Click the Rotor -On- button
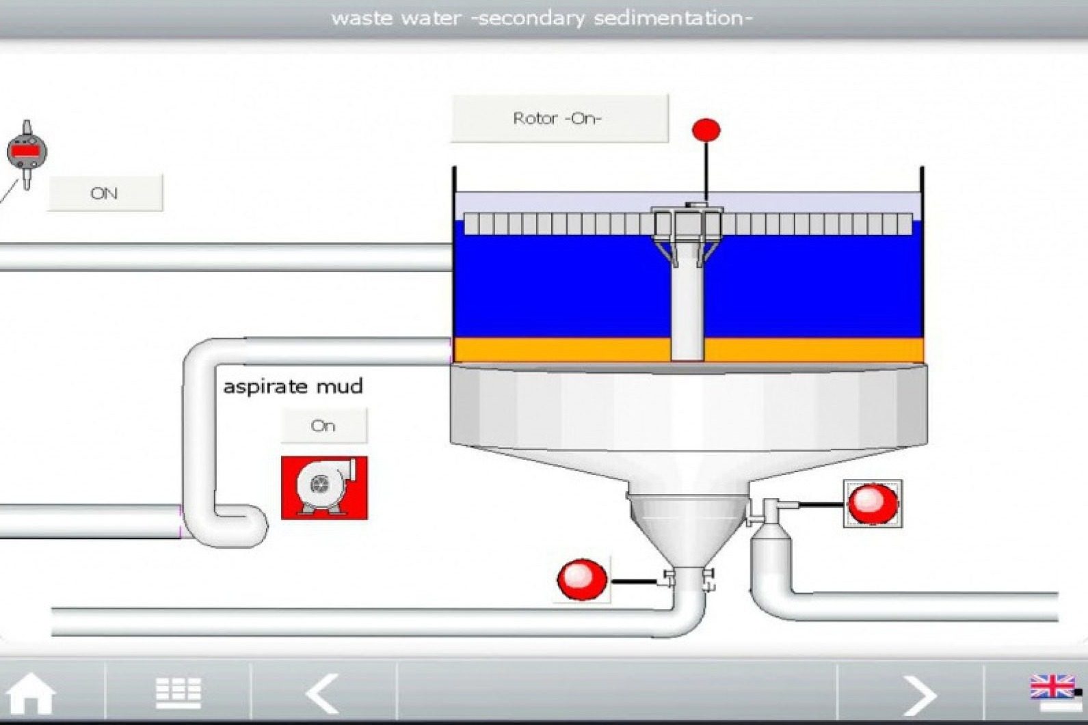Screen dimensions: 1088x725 pyautogui.click(x=559, y=118)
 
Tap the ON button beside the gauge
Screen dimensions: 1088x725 pyautogui.click(x=105, y=193)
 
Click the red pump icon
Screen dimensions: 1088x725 pyautogui.click(x=324, y=488)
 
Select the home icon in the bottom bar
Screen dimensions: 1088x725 pyautogui.click(x=30, y=694)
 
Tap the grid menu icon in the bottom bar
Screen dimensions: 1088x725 pyautogui.click(x=178, y=693)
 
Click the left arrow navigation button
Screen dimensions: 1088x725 pyautogui.click(x=323, y=694)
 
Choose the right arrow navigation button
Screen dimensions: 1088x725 pyautogui.click(x=920, y=695)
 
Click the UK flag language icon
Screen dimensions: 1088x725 pyautogui.click(x=1052, y=686)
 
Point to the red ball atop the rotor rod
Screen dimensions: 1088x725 pyautogui.click(x=706, y=130)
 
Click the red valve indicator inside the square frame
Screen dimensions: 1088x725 pyautogui.click(x=873, y=503)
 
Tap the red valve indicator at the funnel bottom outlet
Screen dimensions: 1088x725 pyautogui.click(x=583, y=579)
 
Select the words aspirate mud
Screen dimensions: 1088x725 pyautogui.click(x=293, y=387)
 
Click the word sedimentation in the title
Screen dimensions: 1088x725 pyautogui.click(x=673, y=18)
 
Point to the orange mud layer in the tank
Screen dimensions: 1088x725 pyautogui.click(x=563, y=350)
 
